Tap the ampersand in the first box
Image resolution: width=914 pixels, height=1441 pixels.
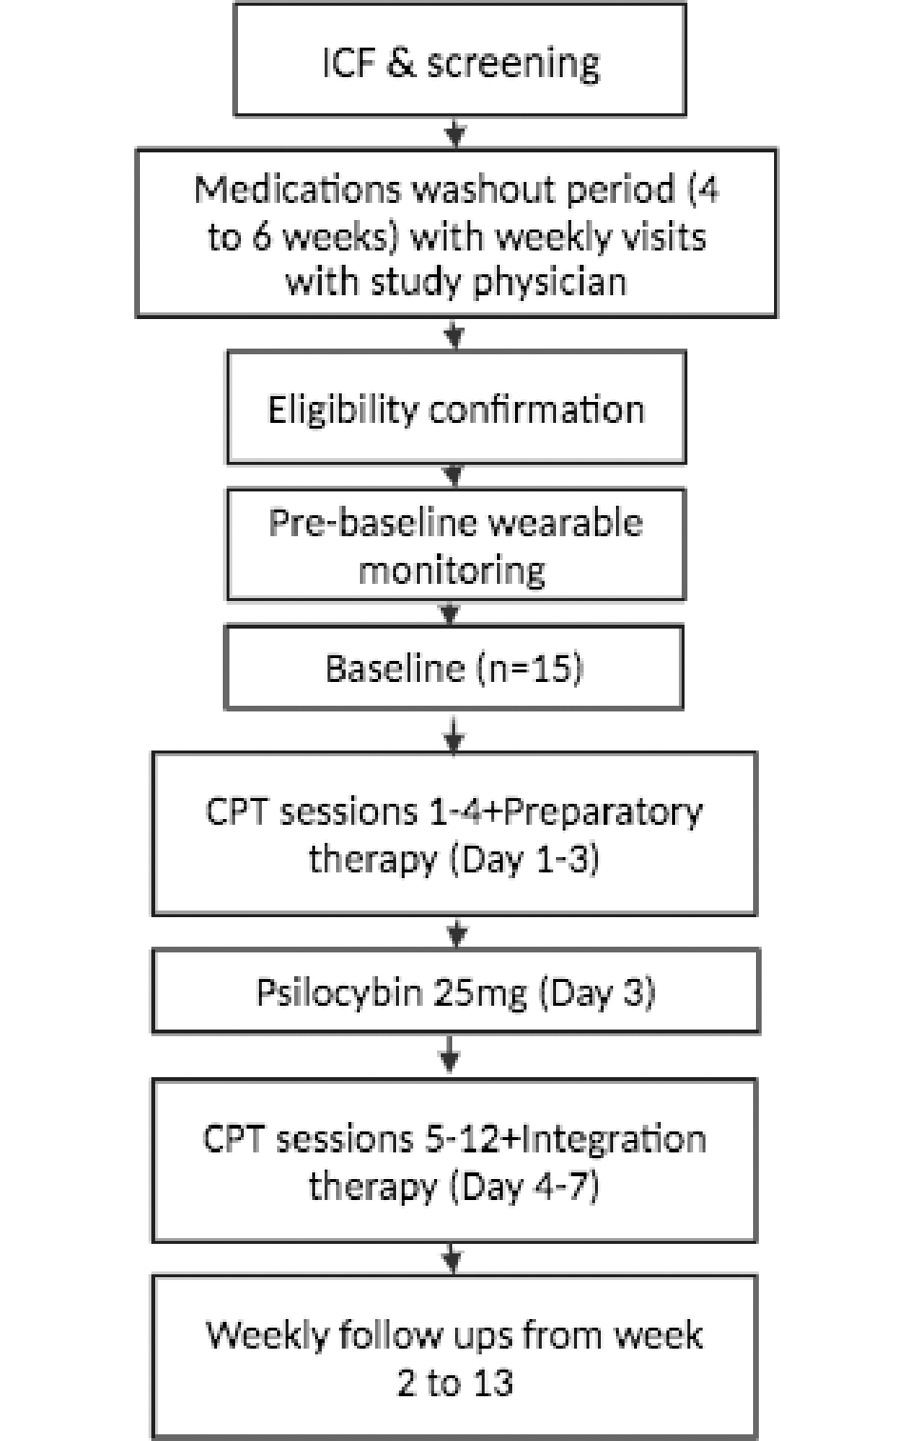(401, 63)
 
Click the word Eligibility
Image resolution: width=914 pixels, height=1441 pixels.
(343, 410)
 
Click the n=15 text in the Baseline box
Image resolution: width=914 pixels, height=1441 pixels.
(530, 669)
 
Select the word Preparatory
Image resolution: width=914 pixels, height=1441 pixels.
(603, 813)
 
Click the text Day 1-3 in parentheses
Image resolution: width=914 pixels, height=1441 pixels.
(525, 860)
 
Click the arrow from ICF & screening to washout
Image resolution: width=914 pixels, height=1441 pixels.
(455, 132)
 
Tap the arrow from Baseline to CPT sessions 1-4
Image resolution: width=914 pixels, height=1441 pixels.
(454, 734)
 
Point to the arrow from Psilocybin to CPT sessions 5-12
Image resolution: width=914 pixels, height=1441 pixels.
(449, 1055)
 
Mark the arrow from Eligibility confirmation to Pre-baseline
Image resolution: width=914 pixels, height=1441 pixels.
(454, 476)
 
